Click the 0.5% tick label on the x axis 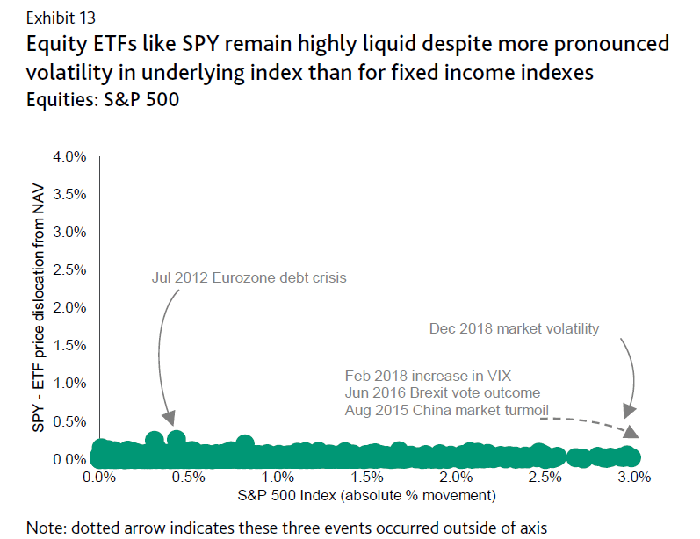coord(189,478)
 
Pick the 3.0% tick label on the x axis coord(633,478)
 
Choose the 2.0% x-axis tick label coord(456,478)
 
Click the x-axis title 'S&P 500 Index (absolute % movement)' coord(368,496)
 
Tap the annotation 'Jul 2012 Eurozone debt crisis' coord(249,278)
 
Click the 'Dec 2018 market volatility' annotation coord(515,329)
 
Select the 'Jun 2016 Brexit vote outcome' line coord(443,392)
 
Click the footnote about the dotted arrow coord(287,527)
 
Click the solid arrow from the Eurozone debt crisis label coord(160,351)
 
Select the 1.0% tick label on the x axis coord(278,478)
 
